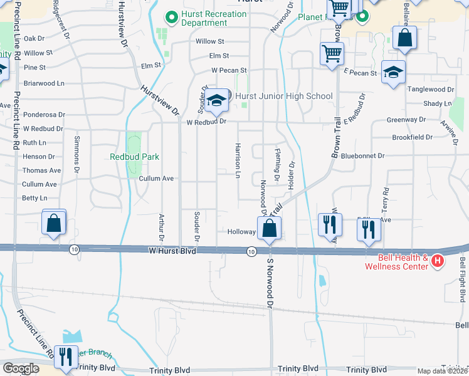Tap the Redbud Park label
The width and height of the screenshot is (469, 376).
(134, 157)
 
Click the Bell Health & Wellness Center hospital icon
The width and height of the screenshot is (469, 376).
(438, 260)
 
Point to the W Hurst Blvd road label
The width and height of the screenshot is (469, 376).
(172, 251)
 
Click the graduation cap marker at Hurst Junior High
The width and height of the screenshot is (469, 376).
(216, 102)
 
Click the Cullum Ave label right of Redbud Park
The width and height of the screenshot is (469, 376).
(156, 179)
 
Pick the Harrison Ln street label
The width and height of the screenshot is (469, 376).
(238, 160)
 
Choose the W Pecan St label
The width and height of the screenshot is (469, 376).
(229, 70)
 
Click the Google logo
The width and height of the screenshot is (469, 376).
(21, 368)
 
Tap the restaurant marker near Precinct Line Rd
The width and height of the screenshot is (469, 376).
(65, 357)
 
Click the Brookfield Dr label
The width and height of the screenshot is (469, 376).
(412, 137)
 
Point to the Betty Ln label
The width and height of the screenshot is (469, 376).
(34, 198)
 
